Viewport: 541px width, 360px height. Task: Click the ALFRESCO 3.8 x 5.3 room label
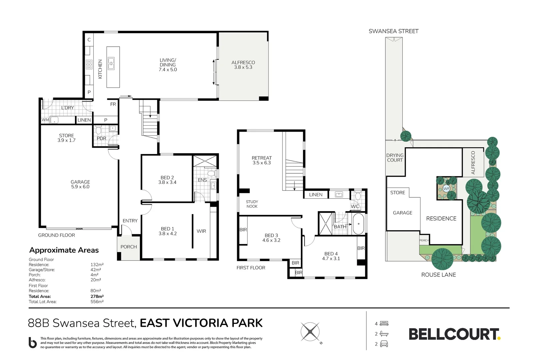pos(243,65)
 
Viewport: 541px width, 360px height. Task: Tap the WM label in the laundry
pos(45,120)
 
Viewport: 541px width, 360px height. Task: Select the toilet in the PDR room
pos(98,130)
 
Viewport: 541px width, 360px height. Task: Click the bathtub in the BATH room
pos(358,224)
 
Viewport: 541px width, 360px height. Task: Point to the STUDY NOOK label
pos(252,204)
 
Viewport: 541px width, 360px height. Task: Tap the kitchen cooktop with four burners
pos(89,64)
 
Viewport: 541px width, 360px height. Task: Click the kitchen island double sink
pos(111,63)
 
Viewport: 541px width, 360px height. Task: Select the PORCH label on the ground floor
pos(129,247)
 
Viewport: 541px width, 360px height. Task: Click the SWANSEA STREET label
pos(393,31)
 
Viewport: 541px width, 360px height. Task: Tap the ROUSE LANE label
pos(438,275)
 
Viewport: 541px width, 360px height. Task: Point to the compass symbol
pos(310,332)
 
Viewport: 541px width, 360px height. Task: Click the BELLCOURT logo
pos(454,334)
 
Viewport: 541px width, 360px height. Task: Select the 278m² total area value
pos(97,296)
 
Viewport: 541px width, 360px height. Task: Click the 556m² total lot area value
pos(97,302)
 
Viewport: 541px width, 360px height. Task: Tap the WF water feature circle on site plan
pos(446,189)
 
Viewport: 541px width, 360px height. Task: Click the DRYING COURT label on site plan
pos(395,158)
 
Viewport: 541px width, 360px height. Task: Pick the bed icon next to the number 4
pos(384,323)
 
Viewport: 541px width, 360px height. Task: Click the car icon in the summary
pos(384,344)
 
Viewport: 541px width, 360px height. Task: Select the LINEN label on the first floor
pos(315,195)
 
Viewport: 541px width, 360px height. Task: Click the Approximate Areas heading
pos(64,250)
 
